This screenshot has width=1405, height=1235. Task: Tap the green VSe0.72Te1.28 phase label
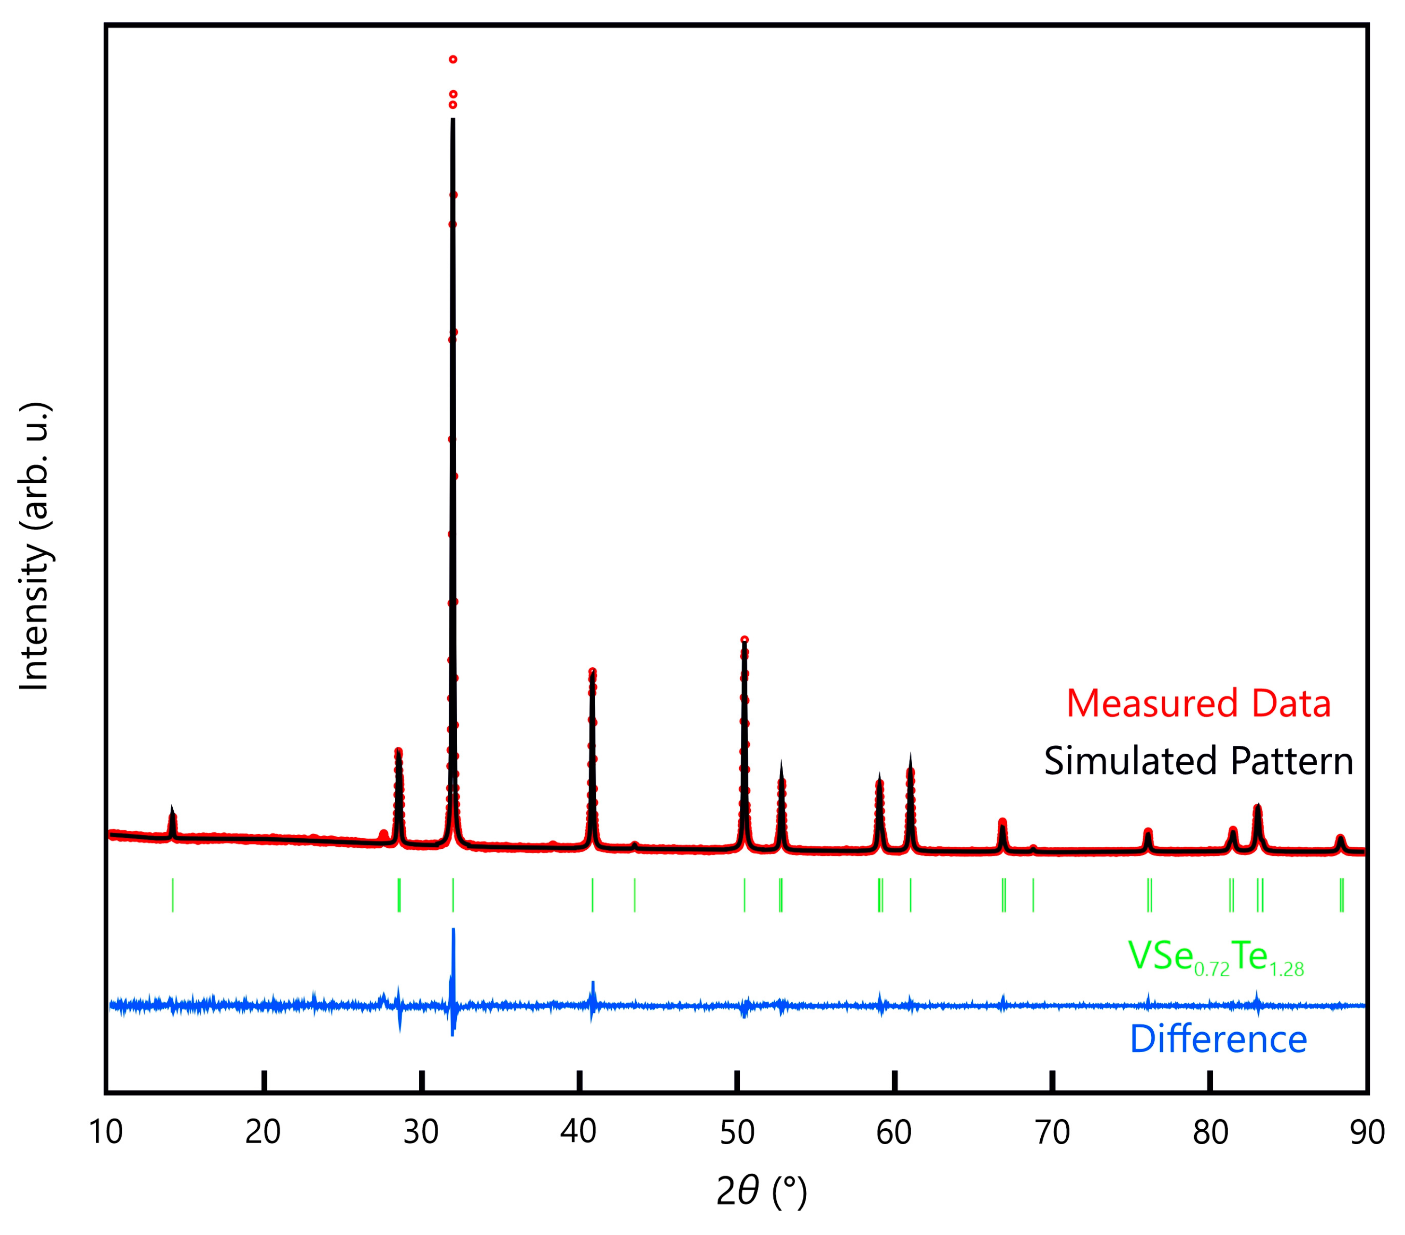tap(1215, 957)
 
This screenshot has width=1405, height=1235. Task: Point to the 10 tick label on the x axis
tap(106, 1132)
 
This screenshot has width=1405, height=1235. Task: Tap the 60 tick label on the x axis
tap(894, 1132)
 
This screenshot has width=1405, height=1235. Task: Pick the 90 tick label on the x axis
tap(1367, 1132)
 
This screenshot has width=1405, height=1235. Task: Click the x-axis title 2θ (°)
tap(761, 1192)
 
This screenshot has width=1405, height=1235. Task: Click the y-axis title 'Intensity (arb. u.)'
tap(34, 546)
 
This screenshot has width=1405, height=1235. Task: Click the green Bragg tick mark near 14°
tap(173, 895)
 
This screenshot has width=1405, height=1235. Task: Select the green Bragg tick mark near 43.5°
tap(634, 895)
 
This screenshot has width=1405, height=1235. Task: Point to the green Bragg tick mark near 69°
tap(1033, 895)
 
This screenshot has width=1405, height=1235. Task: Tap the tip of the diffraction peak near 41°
tap(592, 671)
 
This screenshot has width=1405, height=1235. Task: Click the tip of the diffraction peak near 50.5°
tap(744, 640)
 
